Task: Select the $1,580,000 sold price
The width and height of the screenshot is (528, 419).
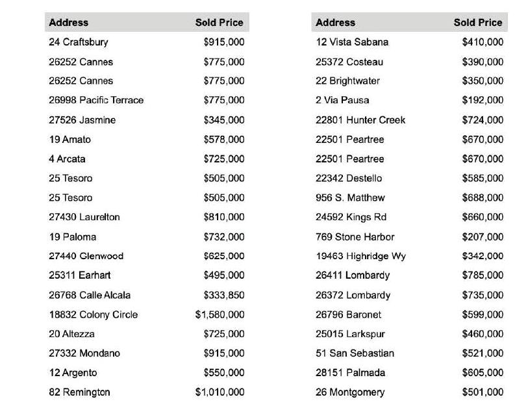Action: tap(220, 314)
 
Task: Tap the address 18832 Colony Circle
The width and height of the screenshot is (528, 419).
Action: tap(93, 314)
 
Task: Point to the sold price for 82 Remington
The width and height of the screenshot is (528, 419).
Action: tap(220, 392)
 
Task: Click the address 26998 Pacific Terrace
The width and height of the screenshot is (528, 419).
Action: tap(96, 100)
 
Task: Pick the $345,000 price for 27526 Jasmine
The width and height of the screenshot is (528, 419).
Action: tap(224, 120)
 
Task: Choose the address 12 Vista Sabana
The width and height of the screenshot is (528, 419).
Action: tap(352, 42)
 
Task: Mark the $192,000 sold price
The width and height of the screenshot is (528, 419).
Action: tap(483, 100)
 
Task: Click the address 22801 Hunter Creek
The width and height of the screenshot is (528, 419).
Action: tap(360, 120)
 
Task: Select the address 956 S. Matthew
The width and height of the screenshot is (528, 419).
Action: tap(350, 197)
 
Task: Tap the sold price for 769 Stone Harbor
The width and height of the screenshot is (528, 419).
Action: tap(483, 236)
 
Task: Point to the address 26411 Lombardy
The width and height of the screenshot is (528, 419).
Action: tap(353, 275)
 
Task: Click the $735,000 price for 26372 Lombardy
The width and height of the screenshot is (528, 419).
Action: tap(483, 295)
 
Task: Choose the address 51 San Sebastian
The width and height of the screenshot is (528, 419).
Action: tap(355, 353)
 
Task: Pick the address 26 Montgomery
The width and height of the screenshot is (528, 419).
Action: tap(350, 392)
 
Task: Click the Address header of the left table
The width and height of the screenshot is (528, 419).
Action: tap(68, 22)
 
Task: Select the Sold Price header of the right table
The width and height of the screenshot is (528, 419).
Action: tap(477, 22)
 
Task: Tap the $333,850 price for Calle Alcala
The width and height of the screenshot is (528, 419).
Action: tap(224, 295)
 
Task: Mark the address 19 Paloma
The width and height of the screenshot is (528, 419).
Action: tap(72, 236)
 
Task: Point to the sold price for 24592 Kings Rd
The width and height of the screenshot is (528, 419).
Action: tap(483, 217)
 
